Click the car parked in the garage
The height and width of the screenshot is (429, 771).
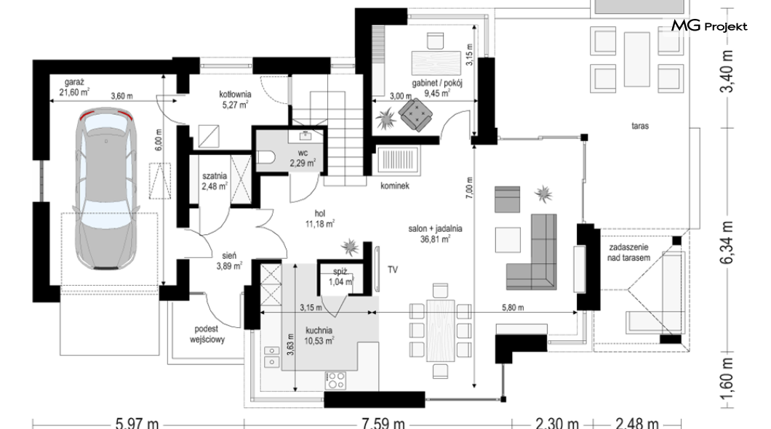click(105, 188)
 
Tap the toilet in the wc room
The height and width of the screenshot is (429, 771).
click(266, 157)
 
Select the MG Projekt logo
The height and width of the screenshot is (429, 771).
click(709, 25)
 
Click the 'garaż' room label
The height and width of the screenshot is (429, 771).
click(75, 82)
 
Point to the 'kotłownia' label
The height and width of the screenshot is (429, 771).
click(235, 95)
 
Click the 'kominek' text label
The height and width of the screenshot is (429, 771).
click(395, 185)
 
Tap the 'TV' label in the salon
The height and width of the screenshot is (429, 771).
click(392, 270)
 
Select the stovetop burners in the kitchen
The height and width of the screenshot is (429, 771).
click(335, 380)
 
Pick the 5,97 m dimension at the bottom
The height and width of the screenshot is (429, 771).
click(137, 422)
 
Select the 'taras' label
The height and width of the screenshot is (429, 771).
click(640, 126)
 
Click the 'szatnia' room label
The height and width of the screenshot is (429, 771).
click(215, 176)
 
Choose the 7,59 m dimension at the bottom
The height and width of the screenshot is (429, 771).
click(383, 422)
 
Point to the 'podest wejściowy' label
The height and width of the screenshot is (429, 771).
click(207, 334)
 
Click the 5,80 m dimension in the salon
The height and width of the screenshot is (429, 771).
click(512, 308)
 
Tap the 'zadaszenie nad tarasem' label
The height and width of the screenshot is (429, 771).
click(629, 252)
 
